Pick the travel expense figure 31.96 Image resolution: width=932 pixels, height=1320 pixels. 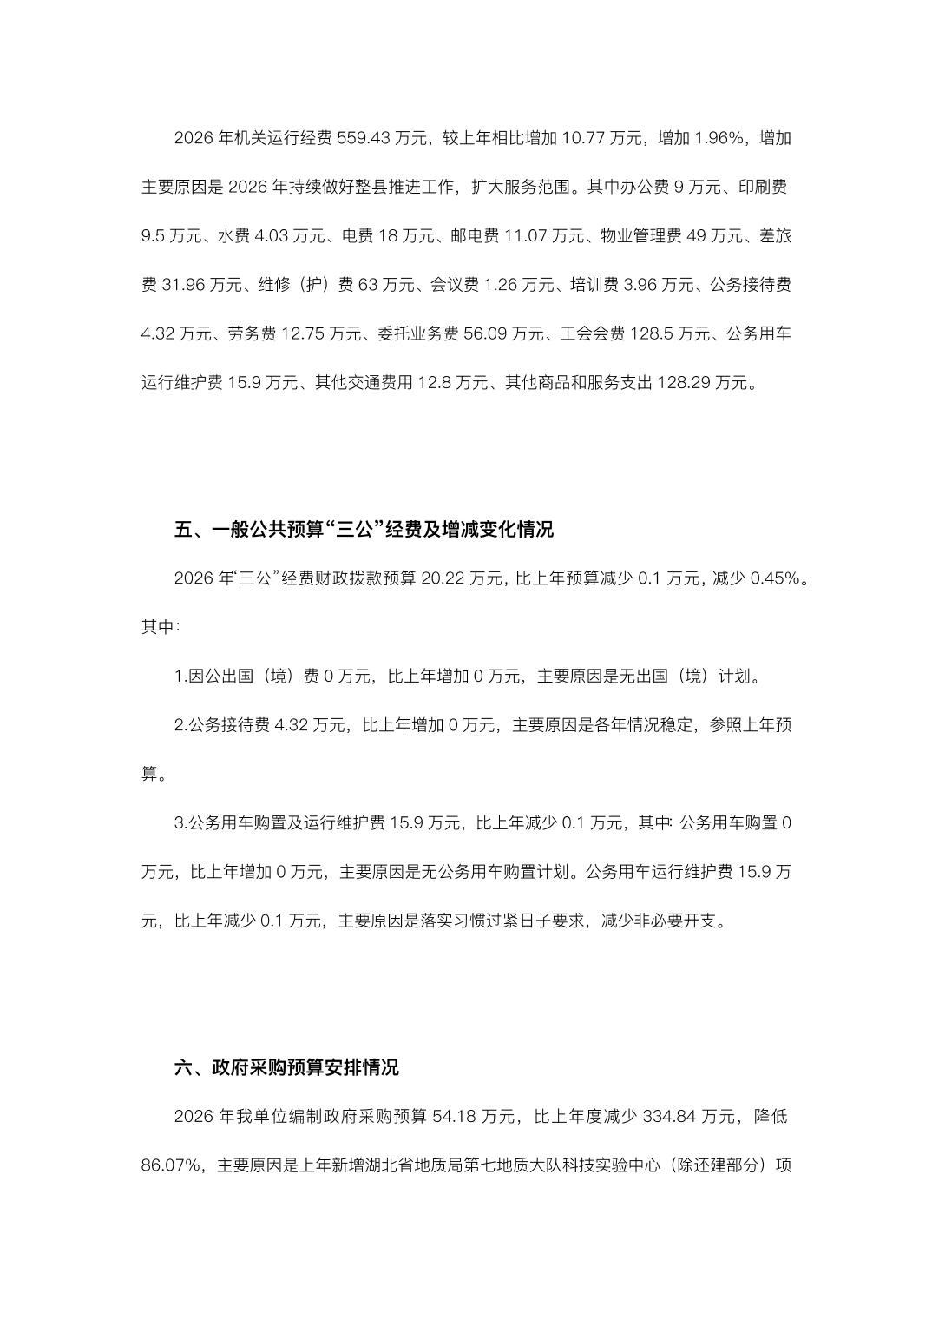pos(184,285)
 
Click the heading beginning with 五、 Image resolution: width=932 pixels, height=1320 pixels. pos(364,530)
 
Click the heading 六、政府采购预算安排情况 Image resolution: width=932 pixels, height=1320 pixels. pos(286,1067)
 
